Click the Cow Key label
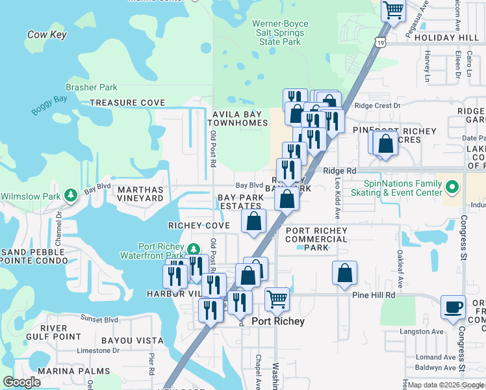pyautogui.click(x=47, y=34)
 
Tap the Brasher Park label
pyautogui.click(x=92, y=87)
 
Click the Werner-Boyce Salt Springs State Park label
pyautogui.click(x=279, y=32)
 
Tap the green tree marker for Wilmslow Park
pyautogui.click(x=71, y=194)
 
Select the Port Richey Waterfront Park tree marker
pyautogui.click(x=193, y=250)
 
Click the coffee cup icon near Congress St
pyautogui.click(x=453, y=306)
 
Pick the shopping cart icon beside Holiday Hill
pyautogui.click(x=393, y=10)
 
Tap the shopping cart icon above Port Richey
pyautogui.click(x=277, y=299)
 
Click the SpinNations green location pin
pyautogui.click(x=453, y=188)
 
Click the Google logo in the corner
pyautogui.click(x=21, y=382)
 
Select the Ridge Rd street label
pyautogui.click(x=340, y=170)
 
